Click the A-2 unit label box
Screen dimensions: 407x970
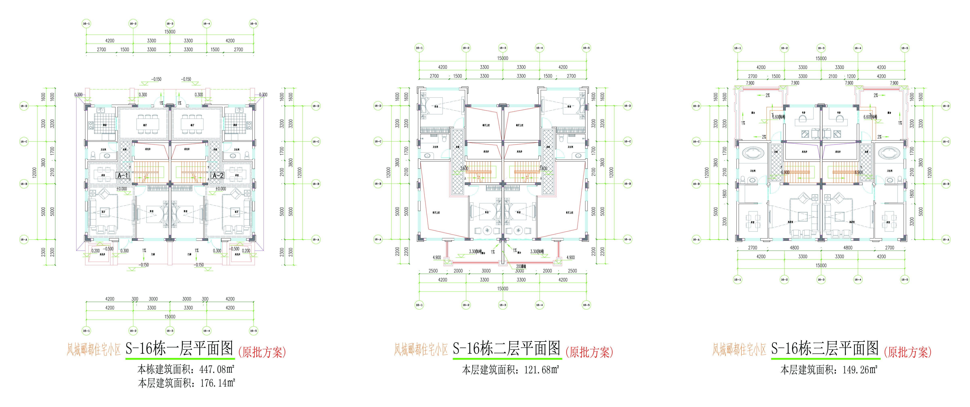click(218, 175)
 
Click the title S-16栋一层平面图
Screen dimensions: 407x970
click(179, 349)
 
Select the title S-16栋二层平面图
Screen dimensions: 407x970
click(506, 349)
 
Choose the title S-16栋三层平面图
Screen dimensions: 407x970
click(825, 349)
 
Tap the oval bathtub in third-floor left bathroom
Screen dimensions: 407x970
click(753, 153)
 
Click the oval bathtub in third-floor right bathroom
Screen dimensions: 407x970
click(889, 153)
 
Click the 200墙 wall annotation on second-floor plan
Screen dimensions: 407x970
click(521, 266)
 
